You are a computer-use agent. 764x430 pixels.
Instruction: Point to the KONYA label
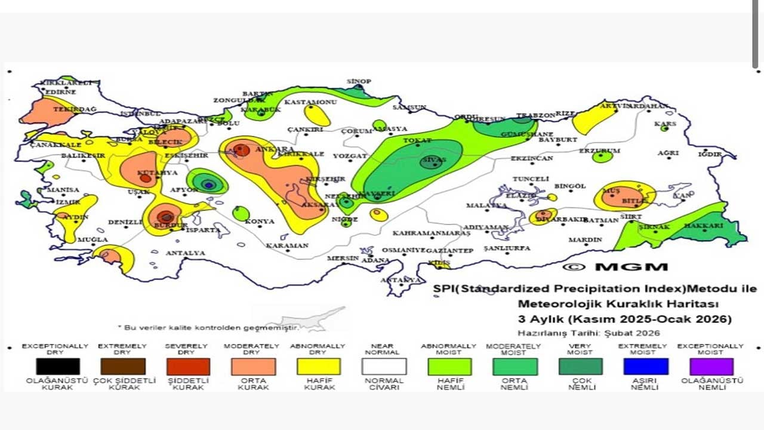[260, 222]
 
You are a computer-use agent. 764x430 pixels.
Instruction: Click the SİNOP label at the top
[359, 81]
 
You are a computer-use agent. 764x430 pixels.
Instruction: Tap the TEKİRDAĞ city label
[75, 109]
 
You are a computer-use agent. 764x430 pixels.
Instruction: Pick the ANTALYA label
[185, 253]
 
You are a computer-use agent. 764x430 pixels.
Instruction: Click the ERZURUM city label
[599, 151]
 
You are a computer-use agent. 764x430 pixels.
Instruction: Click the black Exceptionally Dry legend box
[57, 366]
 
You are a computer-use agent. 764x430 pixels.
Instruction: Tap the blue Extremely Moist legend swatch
[646, 366]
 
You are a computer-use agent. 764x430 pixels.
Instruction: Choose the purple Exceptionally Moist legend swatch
[711, 366]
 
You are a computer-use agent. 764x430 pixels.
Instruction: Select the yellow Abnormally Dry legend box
[319, 366]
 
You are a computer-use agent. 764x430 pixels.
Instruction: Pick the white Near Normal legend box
[384, 366]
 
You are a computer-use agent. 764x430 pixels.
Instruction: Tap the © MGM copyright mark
[615, 267]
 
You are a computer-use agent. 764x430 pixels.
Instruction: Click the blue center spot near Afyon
[208, 185]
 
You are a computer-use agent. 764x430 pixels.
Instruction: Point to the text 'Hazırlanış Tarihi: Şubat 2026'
[589, 333]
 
